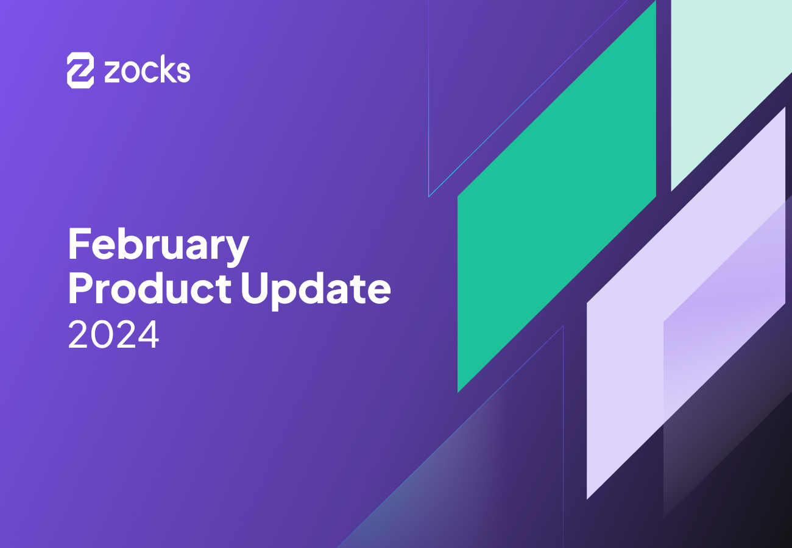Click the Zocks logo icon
(x=80, y=71)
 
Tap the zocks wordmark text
(x=147, y=71)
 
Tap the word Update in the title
(x=315, y=290)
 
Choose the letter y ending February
(x=237, y=250)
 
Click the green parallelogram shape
(x=556, y=196)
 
